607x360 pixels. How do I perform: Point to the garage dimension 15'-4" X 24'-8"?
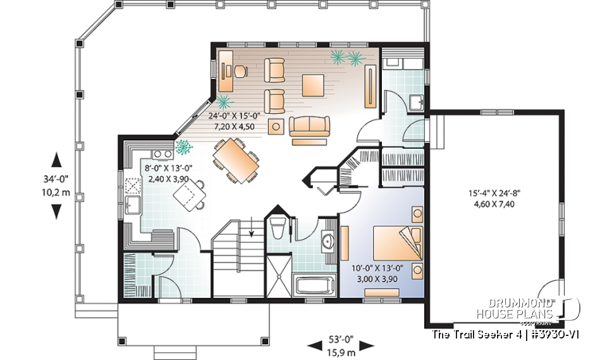coord(498,195)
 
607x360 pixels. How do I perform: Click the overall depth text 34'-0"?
coord(56,179)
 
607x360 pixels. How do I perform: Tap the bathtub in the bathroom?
coord(314,284)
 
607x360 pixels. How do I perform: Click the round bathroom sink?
coord(328,241)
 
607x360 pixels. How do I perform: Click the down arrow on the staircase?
coord(252,228)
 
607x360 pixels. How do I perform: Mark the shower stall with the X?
coord(277,273)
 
